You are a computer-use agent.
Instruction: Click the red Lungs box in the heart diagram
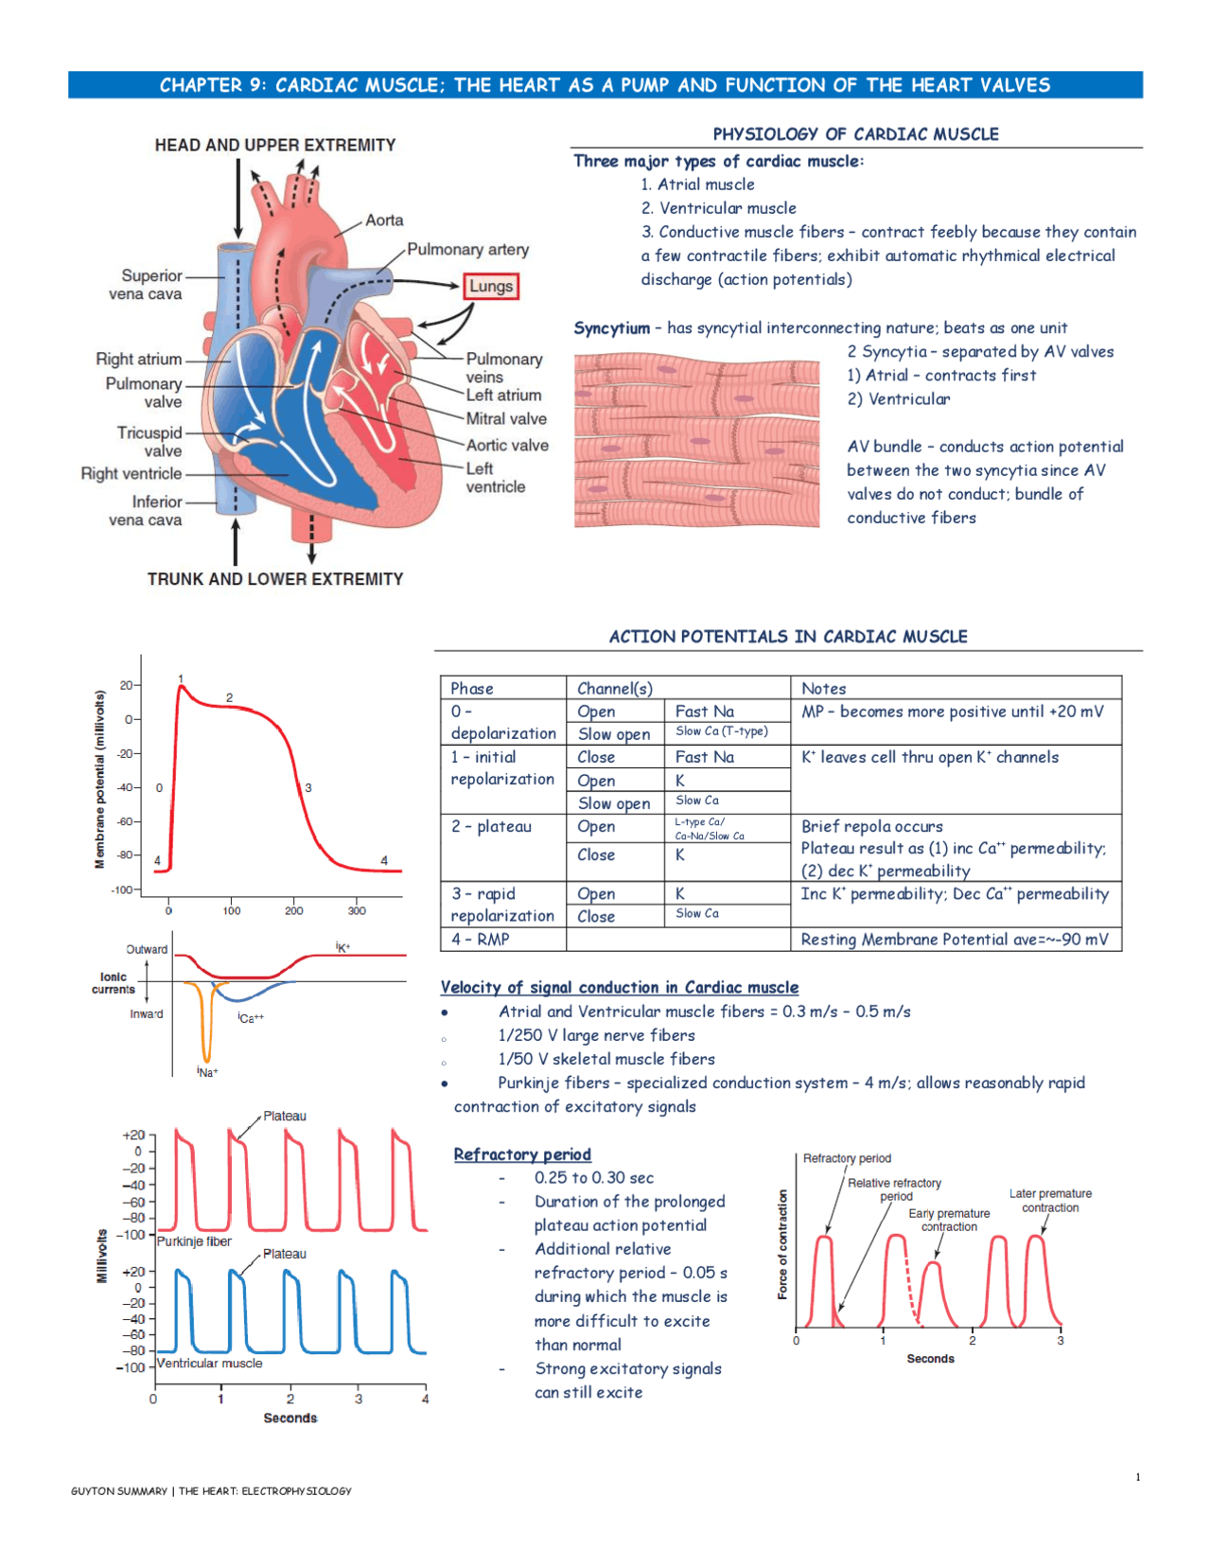tap(491, 286)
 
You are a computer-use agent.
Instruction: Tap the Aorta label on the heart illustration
tap(384, 220)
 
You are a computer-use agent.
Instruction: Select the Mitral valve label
tap(506, 418)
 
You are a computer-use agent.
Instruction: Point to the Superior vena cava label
tap(146, 284)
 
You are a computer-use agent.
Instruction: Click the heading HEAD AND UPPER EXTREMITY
tap(275, 145)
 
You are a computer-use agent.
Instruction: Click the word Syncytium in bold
tap(611, 328)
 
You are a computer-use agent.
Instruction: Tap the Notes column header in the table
tap(823, 688)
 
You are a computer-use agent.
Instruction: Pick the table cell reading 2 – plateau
tap(491, 826)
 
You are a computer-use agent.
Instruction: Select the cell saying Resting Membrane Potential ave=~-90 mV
tap(954, 939)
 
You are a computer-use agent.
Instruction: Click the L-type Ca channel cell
tap(709, 829)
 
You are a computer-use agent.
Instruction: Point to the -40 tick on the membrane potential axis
tap(126, 787)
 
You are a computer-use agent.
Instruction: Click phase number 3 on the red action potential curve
tap(308, 787)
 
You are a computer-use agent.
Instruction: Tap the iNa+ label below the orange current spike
tap(207, 1072)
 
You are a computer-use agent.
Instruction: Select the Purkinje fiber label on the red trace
tap(194, 1241)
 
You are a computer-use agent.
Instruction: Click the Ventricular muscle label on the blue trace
tap(209, 1364)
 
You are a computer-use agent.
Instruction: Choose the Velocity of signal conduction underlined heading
tap(619, 987)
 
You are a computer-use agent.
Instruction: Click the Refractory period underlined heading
tap(522, 1154)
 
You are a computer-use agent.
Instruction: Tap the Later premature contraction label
tap(1050, 1200)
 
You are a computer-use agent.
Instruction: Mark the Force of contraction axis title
tap(782, 1244)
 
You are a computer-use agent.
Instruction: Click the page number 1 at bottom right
tap(1137, 1476)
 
